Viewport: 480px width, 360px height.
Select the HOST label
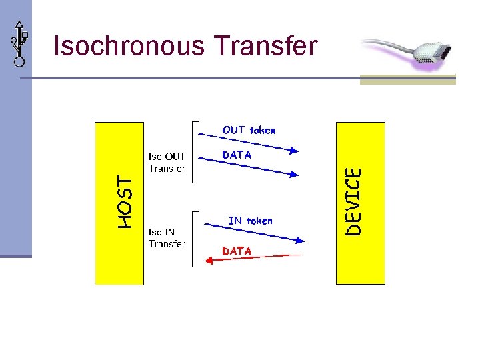(125, 201)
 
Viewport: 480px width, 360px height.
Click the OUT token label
(248, 130)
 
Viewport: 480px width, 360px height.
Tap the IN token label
(250, 220)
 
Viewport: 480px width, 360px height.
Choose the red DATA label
(237, 251)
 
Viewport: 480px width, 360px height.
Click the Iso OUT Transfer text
(167, 163)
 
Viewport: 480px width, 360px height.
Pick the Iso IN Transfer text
(167, 238)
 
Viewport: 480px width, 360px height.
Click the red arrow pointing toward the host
(253, 257)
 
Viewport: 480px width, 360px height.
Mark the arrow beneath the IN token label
(253, 233)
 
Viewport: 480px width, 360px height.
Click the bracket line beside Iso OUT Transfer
(193, 152)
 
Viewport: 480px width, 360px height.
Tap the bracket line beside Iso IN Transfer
(193, 239)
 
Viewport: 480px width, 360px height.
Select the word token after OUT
(262, 130)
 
